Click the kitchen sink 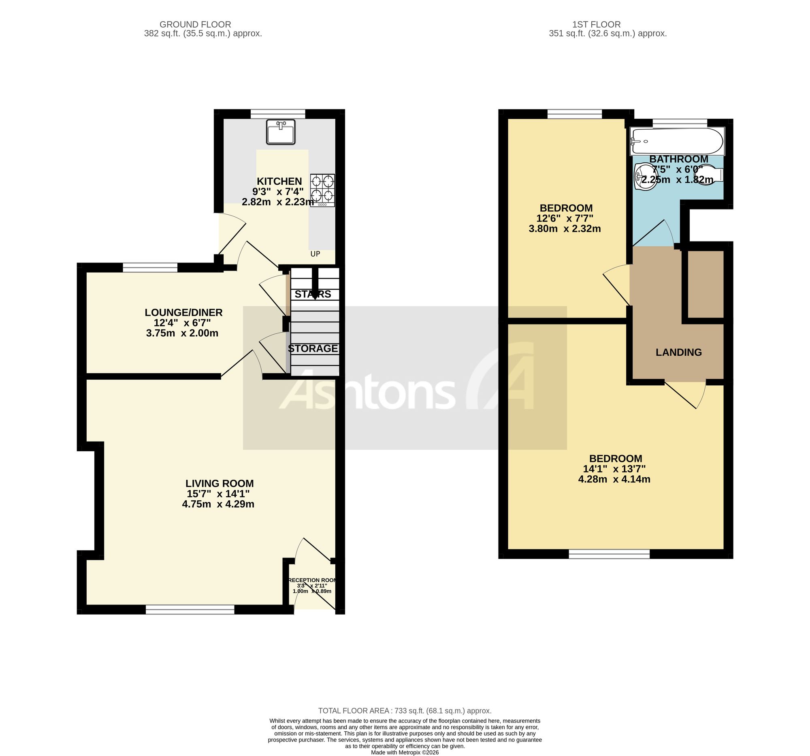[x=281, y=132]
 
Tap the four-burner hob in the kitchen [x=322, y=190]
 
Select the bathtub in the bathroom [x=677, y=141]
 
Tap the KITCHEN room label [x=279, y=182]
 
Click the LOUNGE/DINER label [x=184, y=313]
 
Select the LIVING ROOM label [x=220, y=483]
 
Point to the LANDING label [x=679, y=352]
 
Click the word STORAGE [x=313, y=348]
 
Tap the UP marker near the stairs [x=315, y=254]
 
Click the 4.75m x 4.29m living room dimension [x=218, y=504]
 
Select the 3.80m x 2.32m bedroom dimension [x=565, y=229]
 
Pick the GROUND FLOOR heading [x=195, y=24]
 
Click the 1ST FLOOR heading [x=596, y=24]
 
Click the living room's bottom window [x=190, y=609]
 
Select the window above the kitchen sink [x=278, y=114]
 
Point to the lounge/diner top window [x=150, y=267]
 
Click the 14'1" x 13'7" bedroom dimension [x=614, y=469]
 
